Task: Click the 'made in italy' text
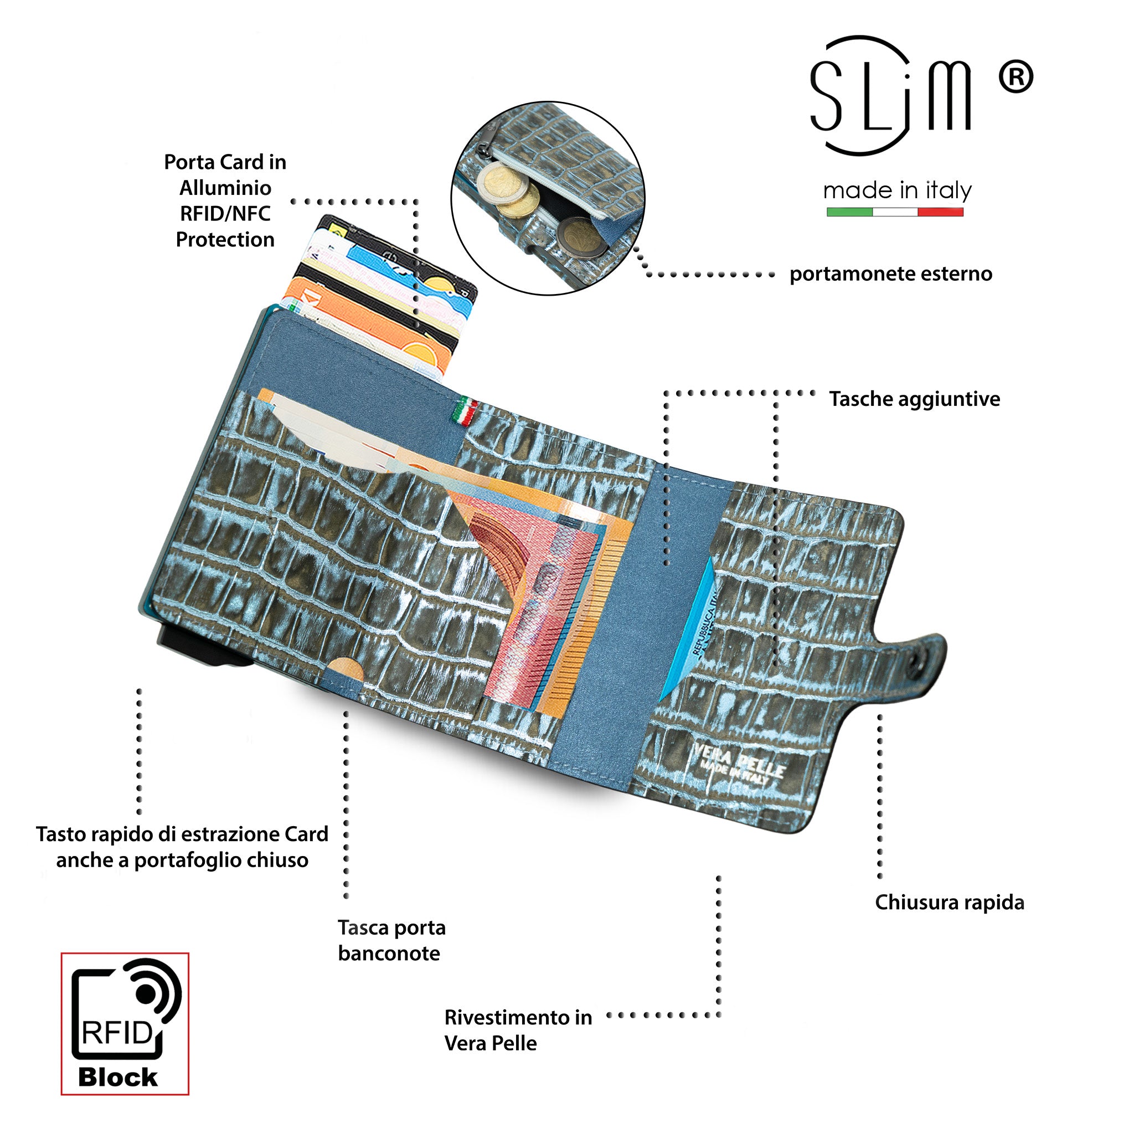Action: [x=897, y=191]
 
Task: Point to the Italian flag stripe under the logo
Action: [x=895, y=212]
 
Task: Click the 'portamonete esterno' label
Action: [x=890, y=274]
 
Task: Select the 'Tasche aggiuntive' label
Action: [x=915, y=399]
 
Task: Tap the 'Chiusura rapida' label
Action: [x=950, y=902]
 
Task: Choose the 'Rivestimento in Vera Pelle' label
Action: [x=518, y=1030]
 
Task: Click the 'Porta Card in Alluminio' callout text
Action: [x=225, y=175]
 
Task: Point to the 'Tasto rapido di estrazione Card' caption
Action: [x=182, y=834]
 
